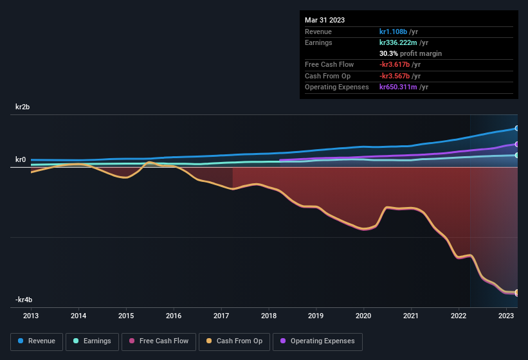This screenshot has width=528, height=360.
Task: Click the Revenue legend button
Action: [37, 341]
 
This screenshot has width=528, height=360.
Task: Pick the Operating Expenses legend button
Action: [318, 341]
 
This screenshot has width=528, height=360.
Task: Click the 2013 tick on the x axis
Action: [31, 316]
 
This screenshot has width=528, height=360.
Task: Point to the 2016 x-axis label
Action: [174, 316]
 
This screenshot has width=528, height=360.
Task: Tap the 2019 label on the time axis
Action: [316, 316]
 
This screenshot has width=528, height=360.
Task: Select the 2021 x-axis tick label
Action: [411, 316]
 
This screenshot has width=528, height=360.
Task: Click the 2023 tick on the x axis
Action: [506, 316]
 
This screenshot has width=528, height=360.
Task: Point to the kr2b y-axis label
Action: [24, 107]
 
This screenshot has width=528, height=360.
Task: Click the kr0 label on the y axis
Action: [22, 160]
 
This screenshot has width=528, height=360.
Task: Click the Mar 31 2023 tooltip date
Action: [325, 20]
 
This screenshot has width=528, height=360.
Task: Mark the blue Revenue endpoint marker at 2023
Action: [516, 129]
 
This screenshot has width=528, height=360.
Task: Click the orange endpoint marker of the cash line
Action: [516, 293]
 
